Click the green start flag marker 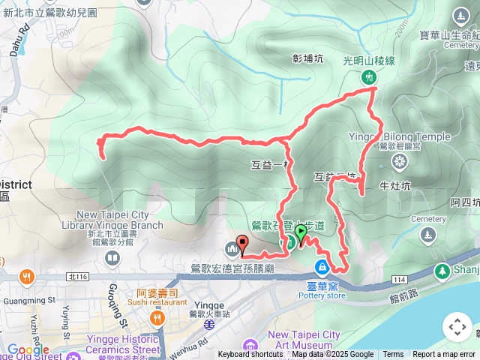[x=301, y=232]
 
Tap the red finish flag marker [x=242, y=244]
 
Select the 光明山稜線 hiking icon [x=368, y=76]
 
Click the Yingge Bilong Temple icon [x=399, y=161]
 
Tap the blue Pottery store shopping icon [x=322, y=267]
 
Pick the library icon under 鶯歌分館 [x=112, y=259]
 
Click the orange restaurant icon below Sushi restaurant [x=157, y=319]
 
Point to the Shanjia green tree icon [x=441, y=270]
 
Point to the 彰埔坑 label [x=307, y=58]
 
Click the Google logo [x=28, y=349]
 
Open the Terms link [x=393, y=355]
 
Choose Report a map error [x=445, y=355]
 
